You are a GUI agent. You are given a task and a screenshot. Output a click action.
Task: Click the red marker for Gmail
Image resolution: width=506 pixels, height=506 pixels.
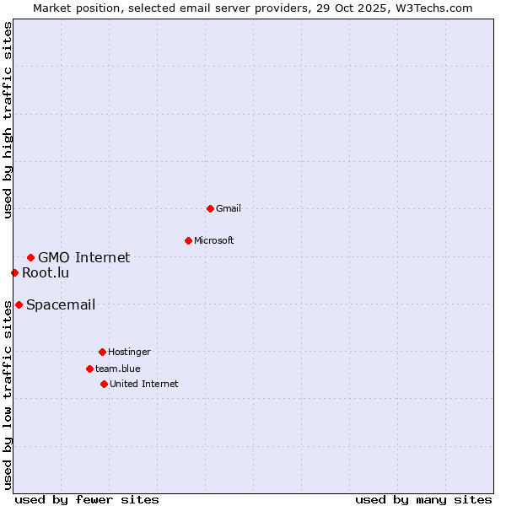click(x=210, y=208)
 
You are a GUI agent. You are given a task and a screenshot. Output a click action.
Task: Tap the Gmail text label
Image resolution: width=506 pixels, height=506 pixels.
click(x=229, y=208)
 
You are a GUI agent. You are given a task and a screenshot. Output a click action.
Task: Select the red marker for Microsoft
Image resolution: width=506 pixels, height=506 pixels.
click(x=188, y=240)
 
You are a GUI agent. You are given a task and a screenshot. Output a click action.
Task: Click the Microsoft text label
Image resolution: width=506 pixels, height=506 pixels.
click(x=213, y=240)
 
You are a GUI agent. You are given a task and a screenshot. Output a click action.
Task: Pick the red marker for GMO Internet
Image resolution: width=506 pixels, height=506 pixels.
click(x=30, y=257)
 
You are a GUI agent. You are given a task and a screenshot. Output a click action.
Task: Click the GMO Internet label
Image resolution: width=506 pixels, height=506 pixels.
click(x=83, y=257)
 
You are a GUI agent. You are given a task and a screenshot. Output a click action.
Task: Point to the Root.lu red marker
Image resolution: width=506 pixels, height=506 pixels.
click(x=14, y=272)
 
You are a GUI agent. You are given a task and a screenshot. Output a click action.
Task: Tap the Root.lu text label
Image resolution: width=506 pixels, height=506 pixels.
click(x=46, y=272)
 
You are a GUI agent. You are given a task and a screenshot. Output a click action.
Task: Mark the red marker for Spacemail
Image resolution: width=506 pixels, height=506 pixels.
click(x=19, y=304)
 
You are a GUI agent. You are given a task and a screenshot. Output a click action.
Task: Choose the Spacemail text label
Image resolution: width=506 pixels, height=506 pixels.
click(x=60, y=304)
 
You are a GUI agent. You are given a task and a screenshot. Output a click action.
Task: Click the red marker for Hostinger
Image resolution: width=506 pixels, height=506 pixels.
click(x=102, y=352)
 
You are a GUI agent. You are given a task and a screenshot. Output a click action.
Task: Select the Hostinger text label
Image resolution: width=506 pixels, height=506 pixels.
click(x=129, y=352)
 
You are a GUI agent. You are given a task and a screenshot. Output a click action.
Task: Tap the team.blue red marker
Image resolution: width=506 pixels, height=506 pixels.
click(x=89, y=369)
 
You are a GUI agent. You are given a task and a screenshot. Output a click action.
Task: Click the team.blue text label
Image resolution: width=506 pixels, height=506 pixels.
click(x=117, y=369)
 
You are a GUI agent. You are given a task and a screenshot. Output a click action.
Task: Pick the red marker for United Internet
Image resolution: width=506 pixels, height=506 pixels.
click(x=104, y=384)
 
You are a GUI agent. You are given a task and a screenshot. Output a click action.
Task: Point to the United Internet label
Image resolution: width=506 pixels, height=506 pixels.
click(x=143, y=384)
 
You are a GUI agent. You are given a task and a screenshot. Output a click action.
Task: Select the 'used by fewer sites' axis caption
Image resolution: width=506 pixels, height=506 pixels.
click(x=87, y=499)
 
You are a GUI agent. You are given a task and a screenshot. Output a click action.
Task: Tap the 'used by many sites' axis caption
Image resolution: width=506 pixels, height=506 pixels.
click(x=423, y=499)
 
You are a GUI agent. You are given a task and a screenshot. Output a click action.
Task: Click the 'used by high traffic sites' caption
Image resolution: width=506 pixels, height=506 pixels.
click(x=8, y=120)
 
